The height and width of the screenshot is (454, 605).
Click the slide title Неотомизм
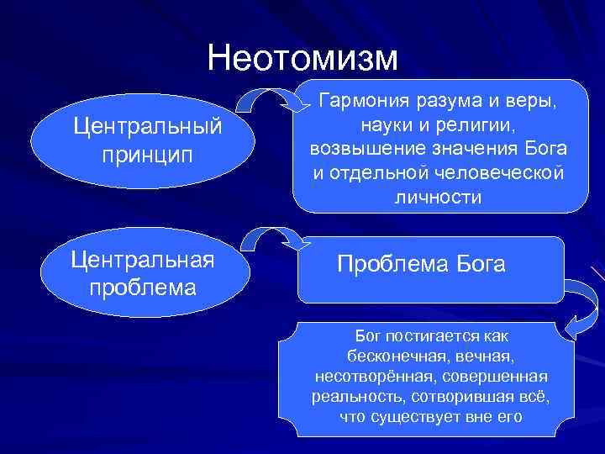[x=302, y=56]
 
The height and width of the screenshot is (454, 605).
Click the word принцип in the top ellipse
[x=147, y=156]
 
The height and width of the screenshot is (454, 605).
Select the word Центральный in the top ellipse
[x=148, y=128]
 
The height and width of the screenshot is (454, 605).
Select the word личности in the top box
[x=437, y=197]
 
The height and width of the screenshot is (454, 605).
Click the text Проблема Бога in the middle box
[x=421, y=265]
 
